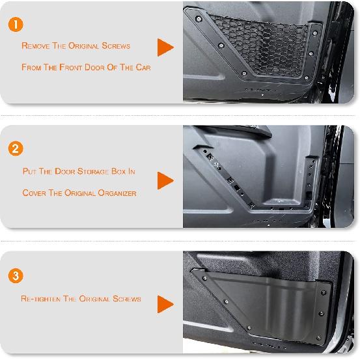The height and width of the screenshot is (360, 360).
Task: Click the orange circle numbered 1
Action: pos(16,24)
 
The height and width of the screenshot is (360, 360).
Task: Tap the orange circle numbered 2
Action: pos(16,148)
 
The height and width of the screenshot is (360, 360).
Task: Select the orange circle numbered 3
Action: pos(16,275)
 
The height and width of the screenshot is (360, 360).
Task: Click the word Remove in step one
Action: pos(36,46)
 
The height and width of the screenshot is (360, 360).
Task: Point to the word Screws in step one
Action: pos(116,46)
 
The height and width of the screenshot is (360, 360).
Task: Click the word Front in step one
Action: pos(70,67)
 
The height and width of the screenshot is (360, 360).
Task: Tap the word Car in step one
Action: pos(143,67)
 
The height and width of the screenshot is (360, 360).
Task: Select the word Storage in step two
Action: pos(93,171)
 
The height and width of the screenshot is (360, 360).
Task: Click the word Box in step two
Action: pos(118,171)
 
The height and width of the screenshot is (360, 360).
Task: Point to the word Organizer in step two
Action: pos(117,193)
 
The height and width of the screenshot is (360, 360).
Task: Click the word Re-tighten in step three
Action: pos(40,298)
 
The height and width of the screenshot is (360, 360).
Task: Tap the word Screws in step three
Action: pos(127,298)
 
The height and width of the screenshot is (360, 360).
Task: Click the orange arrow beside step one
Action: pos(165,48)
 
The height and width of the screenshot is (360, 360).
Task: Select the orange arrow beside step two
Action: pos(165,181)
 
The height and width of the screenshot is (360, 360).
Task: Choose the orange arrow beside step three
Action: pos(165,304)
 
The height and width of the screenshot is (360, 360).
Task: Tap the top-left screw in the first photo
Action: pos(199,19)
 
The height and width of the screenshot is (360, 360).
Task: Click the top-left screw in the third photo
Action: pos(205,278)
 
